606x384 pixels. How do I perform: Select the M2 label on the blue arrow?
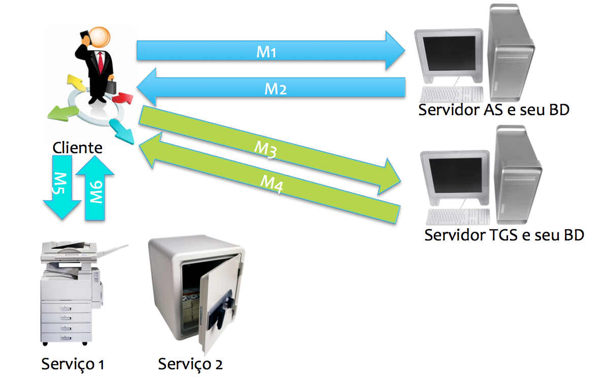(x=276, y=89)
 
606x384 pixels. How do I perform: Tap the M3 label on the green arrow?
(x=265, y=150)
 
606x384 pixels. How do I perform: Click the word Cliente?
(x=78, y=148)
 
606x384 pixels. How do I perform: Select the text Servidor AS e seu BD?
(x=493, y=110)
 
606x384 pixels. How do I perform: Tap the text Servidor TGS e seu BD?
(x=504, y=235)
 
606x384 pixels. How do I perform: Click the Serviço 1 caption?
(x=73, y=364)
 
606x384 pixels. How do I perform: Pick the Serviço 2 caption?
(x=190, y=364)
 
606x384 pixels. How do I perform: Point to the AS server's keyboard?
(x=452, y=94)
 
